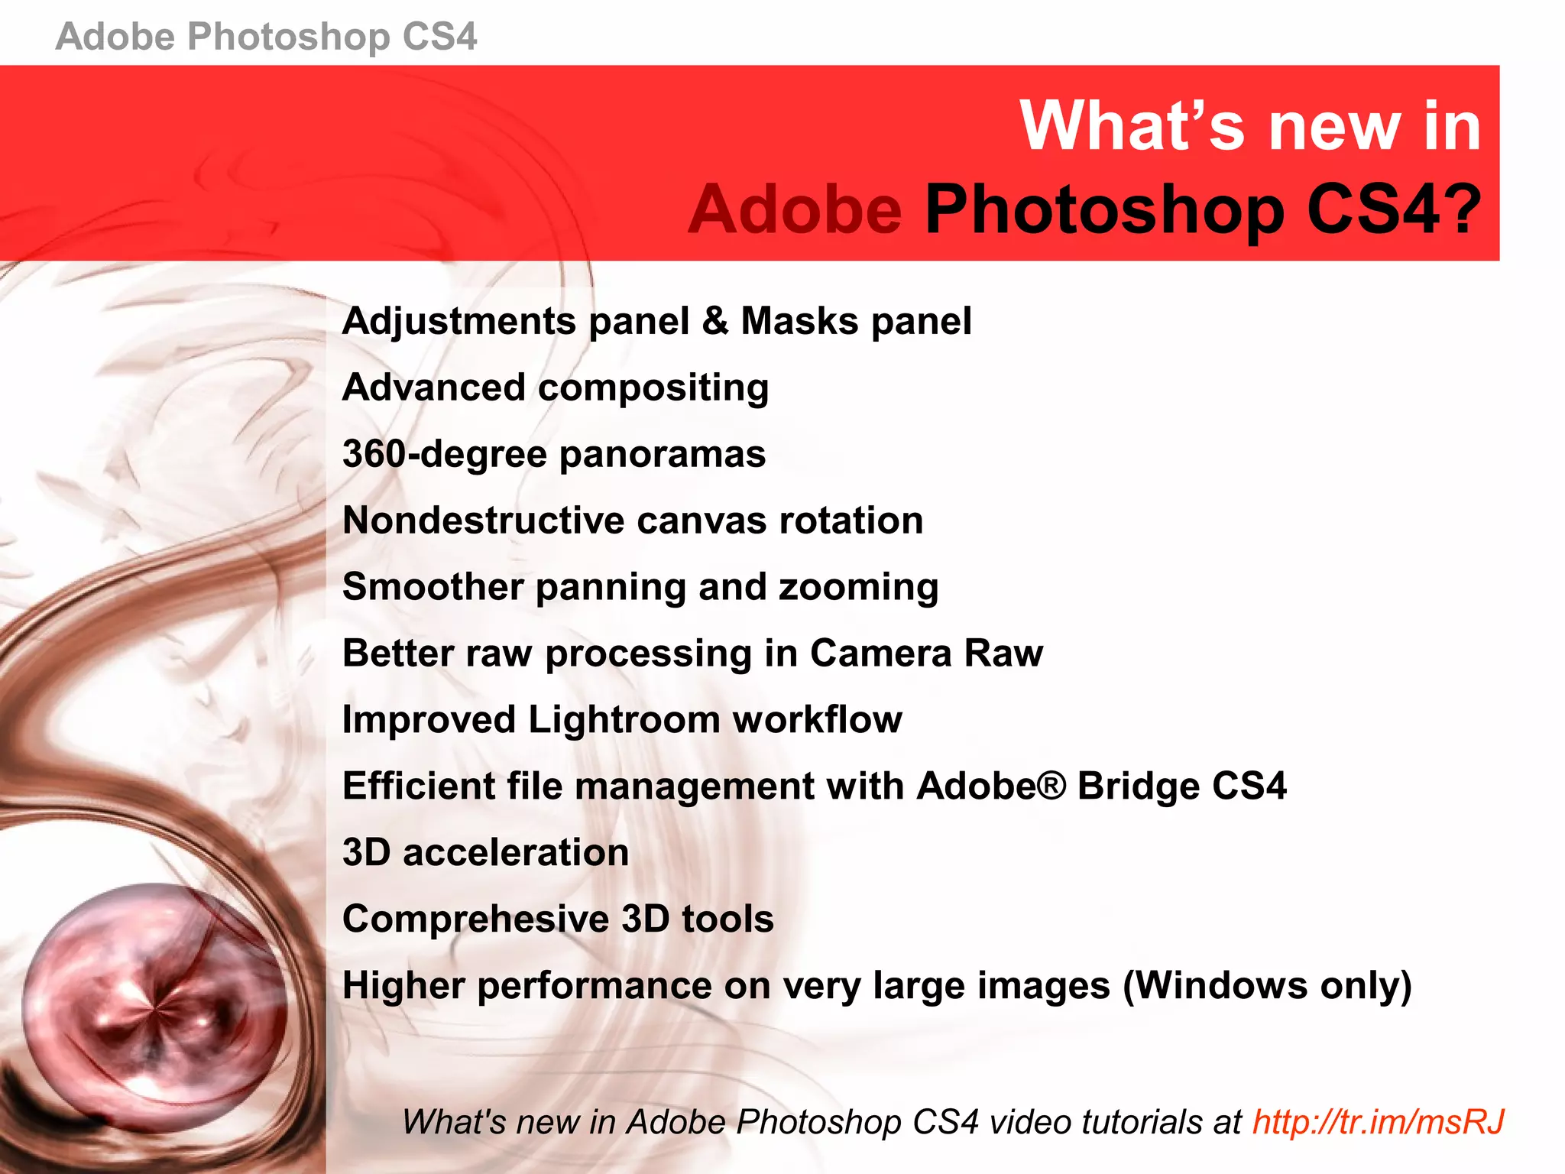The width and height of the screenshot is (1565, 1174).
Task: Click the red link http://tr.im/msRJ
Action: point(1378,1122)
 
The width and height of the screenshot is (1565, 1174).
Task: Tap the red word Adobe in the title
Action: point(795,209)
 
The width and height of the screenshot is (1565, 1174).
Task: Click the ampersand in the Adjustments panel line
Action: point(715,321)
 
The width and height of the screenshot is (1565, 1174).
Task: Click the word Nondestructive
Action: point(484,521)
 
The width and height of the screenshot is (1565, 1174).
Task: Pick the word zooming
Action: point(858,588)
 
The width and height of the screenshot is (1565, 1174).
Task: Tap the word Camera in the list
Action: point(880,653)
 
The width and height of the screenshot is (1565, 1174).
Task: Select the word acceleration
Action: point(516,853)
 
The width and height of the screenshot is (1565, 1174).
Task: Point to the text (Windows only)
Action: point(1267,986)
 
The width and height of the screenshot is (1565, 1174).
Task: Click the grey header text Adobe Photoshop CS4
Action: point(266,37)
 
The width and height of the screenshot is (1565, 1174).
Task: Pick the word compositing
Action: point(653,388)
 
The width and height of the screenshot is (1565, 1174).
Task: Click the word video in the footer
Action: point(1026,1122)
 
